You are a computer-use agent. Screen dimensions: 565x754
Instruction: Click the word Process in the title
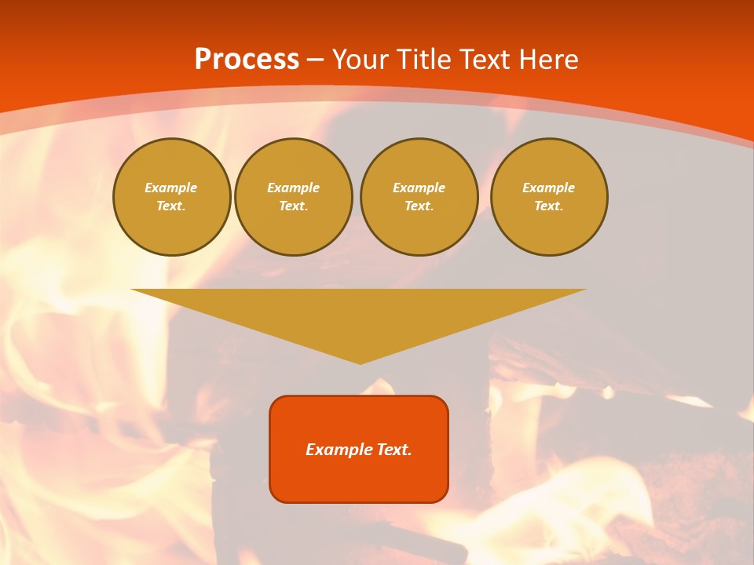coord(247,60)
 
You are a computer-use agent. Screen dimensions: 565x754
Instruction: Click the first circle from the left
coord(172,197)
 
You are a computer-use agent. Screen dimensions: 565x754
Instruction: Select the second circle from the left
coord(294,197)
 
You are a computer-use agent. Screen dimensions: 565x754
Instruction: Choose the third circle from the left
coord(419,197)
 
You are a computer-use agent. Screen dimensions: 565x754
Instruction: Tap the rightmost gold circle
coord(549,197)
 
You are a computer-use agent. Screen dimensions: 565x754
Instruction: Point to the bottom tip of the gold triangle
coord(360,363)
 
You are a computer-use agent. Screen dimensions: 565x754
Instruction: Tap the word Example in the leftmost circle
coord(171,188)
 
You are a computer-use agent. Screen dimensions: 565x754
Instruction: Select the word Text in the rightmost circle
coord(548,206)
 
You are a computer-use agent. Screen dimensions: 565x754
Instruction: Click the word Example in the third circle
coord(419,188)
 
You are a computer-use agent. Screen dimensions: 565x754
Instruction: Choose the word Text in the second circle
coord(293,206)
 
